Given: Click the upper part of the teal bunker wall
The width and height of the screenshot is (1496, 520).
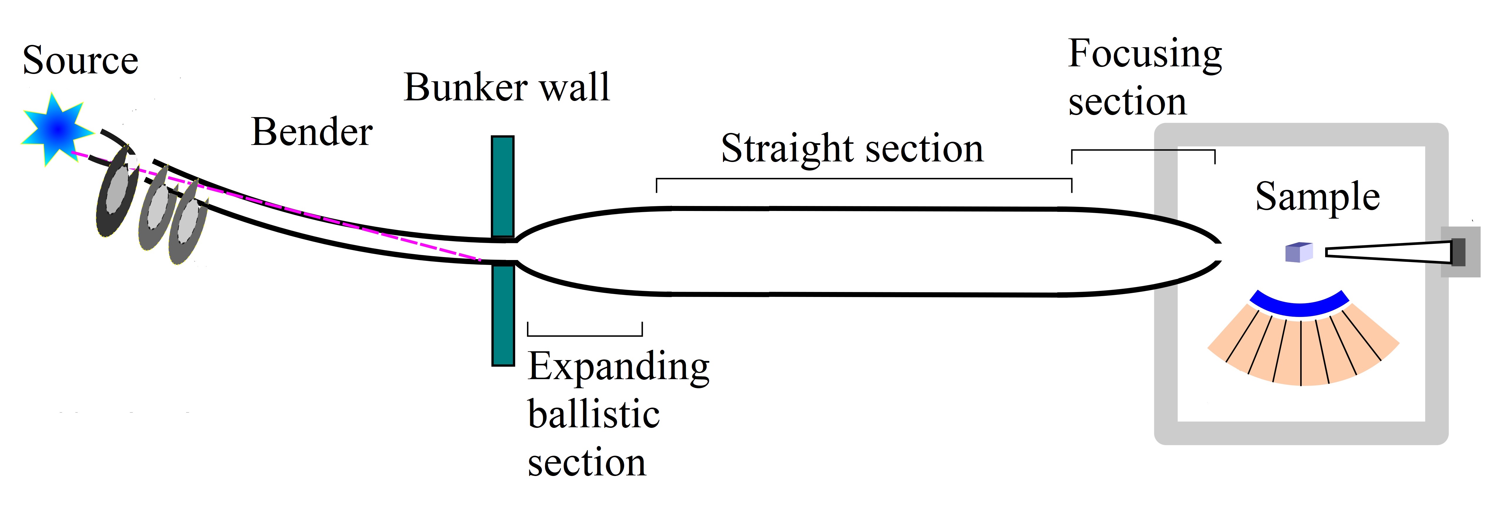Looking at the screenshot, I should (502, 186).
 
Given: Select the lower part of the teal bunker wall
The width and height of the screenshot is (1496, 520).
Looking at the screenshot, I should (502, 316).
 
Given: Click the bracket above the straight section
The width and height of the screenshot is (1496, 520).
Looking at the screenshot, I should (864, 179).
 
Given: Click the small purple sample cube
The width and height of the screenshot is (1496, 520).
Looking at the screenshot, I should (1298, 252).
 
